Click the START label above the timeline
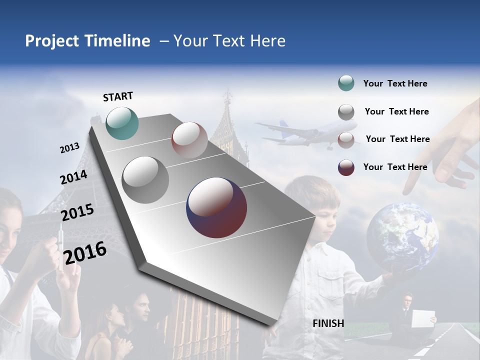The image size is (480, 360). click(118, 96)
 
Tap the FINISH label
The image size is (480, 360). click(328, 323)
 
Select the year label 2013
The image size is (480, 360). click(69, 148)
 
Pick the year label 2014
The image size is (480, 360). click(73, 177)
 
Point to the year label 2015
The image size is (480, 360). click(77, 212)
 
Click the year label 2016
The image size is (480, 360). click(85, 253)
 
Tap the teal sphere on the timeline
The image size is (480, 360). click(122, 123)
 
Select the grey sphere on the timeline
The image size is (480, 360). click(145, 180)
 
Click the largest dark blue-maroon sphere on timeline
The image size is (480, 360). click(216, 207)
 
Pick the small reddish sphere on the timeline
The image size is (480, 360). click(189, 140)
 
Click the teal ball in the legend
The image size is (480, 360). click(346, 83)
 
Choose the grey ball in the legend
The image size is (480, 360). click(346, 112)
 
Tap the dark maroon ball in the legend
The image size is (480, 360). click(346, 167)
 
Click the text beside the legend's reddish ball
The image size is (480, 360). click(397, 139)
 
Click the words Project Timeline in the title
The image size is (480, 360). click(87, 41)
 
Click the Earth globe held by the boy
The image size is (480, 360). click(402, 235)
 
